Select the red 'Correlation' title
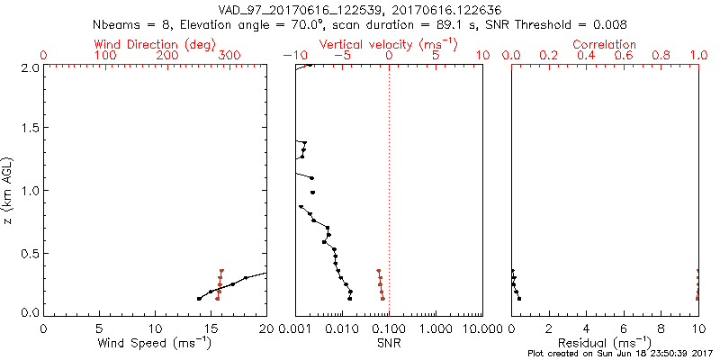605,44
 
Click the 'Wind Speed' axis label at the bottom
154,343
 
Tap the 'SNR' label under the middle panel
389,343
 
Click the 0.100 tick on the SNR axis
389,327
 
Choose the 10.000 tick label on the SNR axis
479,327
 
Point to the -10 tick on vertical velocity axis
290,56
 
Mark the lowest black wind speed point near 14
199,299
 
